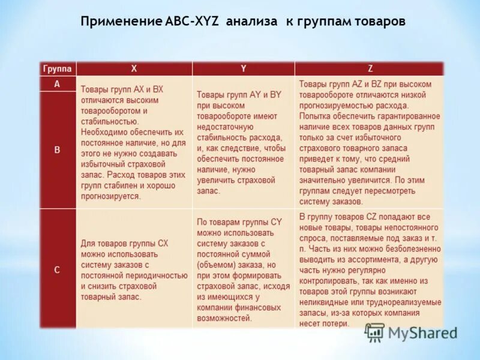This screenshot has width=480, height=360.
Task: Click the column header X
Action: [x=133, y=68]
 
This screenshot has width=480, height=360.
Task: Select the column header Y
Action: [x=243, y=68]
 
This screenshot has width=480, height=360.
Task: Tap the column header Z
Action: [x=369, y=68]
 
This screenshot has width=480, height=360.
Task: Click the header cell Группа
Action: [x=58, y=68]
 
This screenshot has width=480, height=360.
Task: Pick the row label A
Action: [x=57, y=85]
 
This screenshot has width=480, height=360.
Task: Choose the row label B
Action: [x=57, y=150]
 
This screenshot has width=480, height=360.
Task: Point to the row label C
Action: [x=57, y=269]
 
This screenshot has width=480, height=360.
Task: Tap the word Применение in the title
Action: [x=120, y=22]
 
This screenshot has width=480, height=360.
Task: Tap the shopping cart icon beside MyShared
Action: [x=374, y=332]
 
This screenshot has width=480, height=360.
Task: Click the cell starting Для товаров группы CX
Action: [x=133, y=269]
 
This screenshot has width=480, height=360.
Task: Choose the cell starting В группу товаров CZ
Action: [x=368, y=269]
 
